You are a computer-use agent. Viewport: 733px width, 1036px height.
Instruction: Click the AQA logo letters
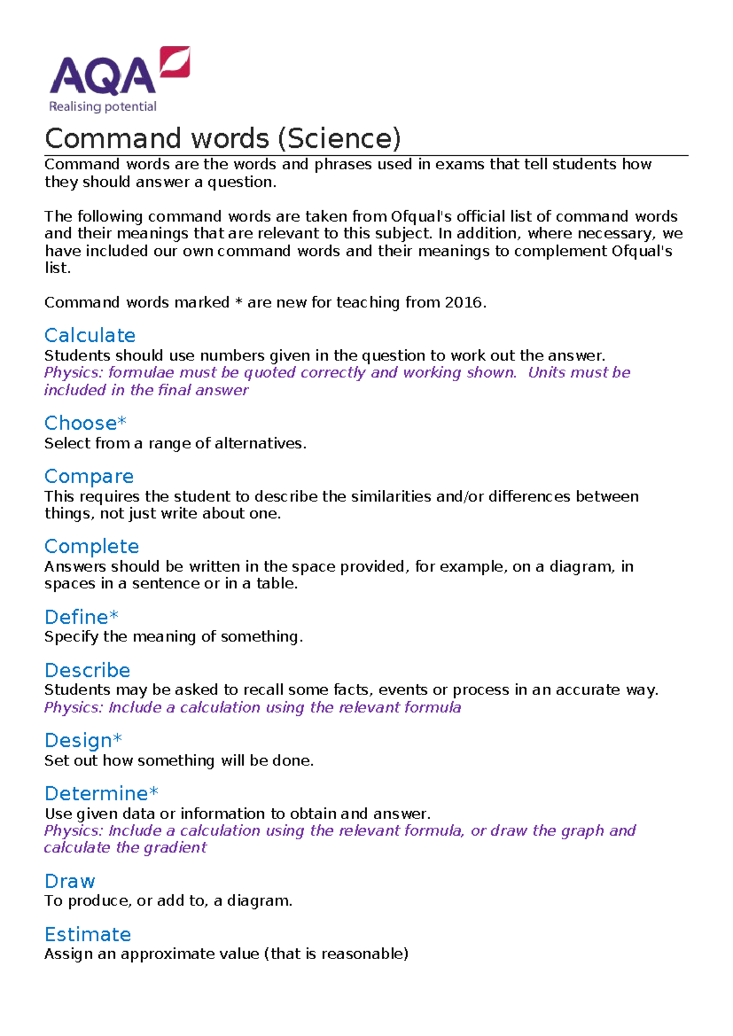(103, 76)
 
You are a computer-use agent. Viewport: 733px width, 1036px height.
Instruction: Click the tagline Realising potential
(103, 107)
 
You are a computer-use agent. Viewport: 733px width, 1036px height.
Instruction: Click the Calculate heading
(90, 335)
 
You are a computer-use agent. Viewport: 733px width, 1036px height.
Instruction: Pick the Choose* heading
(86, 423)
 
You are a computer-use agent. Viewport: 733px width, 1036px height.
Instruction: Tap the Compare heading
(89, 476)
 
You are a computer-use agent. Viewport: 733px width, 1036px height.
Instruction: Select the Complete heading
(92, 546)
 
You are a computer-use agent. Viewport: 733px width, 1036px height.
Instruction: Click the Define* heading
(82, 617)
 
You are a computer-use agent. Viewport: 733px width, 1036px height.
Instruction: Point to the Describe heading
(87, 670)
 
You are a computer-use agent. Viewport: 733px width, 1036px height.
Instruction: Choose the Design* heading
(84, 740)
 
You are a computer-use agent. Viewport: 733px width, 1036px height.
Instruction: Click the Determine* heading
(101, 793)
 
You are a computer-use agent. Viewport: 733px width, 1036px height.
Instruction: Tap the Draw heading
(70, 881)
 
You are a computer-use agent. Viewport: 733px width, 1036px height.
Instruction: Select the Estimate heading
(88, 935)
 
